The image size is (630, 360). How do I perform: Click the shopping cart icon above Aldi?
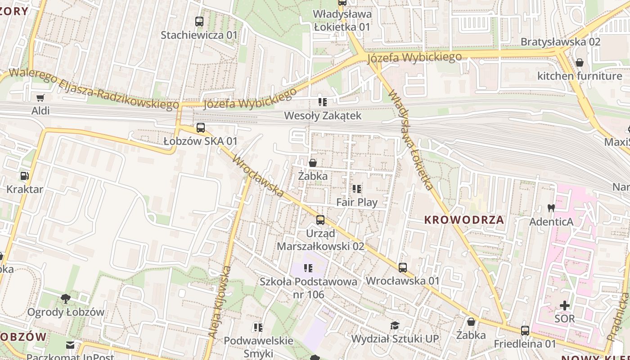(x=40, y=98)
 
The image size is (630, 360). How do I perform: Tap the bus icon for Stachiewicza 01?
(x=199, y=22)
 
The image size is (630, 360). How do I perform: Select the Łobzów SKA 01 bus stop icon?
(x=201, y=128)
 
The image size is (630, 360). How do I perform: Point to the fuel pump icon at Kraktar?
(x=25, y=176)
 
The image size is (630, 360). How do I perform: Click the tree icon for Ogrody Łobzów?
(x=66, y=298)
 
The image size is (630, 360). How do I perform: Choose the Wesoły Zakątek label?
(x=322, y=116)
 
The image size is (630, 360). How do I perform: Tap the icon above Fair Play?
(x=357, y=189)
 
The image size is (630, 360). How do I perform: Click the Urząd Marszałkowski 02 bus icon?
(x=320, y=220)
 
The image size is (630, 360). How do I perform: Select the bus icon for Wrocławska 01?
(x=403, y=268)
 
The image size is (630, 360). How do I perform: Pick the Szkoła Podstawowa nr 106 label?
(x=308, y=288)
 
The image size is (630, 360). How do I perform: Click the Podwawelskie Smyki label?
(x=258, y=346)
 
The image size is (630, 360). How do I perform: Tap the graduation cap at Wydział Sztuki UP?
(x=395, y=325)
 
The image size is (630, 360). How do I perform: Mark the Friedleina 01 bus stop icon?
(x=525, y=331)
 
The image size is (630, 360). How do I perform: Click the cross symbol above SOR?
(x=564, y=306)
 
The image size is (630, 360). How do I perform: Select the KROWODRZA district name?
(x=464, y=220)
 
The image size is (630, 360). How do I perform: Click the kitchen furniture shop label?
(x=579, y=76)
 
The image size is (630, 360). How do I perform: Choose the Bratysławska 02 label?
(x=560, y=42)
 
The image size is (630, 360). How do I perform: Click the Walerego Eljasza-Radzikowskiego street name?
(x=94, y=89)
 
